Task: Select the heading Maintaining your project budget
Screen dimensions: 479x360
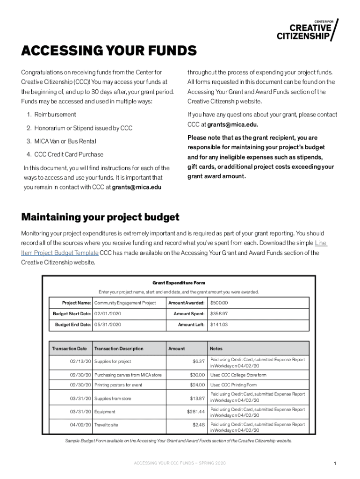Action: click(x=100, y=217)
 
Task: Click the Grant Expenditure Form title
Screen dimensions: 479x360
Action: click(x=179, y=283)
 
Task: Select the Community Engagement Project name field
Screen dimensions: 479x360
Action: click(x=125, y=303)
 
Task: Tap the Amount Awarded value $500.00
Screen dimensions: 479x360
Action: click(x=219, y=303)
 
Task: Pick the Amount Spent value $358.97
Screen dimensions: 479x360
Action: click(x=219, y=313)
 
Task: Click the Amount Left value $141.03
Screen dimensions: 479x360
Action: click(x=219, y=324)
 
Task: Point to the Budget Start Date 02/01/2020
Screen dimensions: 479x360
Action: click(x=108, y=313)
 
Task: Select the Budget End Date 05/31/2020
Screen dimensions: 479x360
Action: click(x=108, y=324)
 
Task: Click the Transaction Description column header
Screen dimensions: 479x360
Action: click(x=119, y=348)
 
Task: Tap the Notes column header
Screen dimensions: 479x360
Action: click(x=216, y=348)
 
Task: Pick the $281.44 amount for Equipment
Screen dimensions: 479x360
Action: click(x=195, y=412)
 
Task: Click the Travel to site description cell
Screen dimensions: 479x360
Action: click(x=106, y=425)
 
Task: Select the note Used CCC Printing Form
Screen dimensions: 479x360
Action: click(x=233, y=385)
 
